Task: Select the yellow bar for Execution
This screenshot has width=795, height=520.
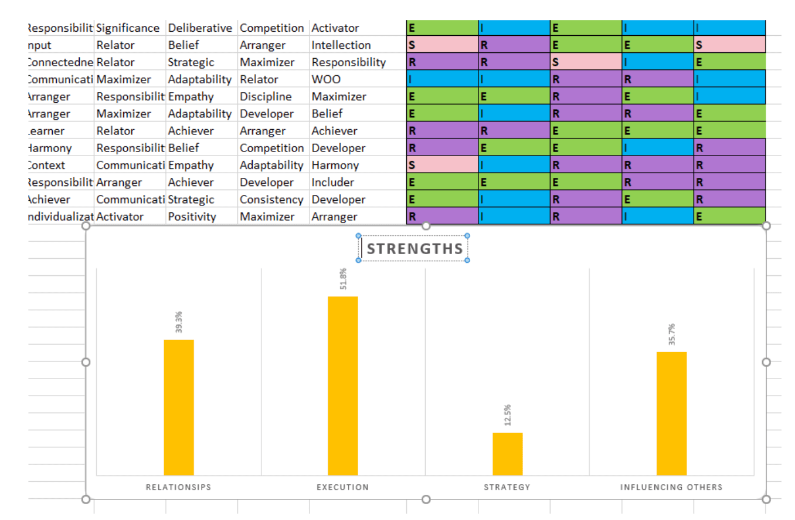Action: (x=342, y=385)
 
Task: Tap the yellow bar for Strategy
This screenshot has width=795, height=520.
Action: (x=507, y=454)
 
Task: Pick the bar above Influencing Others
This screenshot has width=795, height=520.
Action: (x=671, y=413)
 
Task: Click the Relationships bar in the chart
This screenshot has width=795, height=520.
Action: (x=178, y=407)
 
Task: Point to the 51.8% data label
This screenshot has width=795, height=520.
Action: (x=343, y=279)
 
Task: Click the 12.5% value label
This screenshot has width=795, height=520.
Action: (x=508, y=415)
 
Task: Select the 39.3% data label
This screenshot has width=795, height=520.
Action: (x=179, y=322)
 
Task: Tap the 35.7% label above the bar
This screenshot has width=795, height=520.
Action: (x=672, y=334)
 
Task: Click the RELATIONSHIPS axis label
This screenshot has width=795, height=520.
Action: (x=178, y=487)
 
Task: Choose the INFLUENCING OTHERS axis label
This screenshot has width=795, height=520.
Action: (x=671, y=487)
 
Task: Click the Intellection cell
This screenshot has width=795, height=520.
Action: (x=341, y=45)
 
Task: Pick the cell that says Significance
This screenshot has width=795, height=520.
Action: (x=128, y=28)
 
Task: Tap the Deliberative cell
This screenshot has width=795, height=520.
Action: (x=201, y=28)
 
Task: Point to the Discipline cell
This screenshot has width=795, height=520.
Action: (x=266, y=96)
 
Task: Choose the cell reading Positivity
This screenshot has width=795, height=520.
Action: (x=192, y=217)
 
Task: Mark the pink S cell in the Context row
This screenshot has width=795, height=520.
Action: (x=442, y=165)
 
